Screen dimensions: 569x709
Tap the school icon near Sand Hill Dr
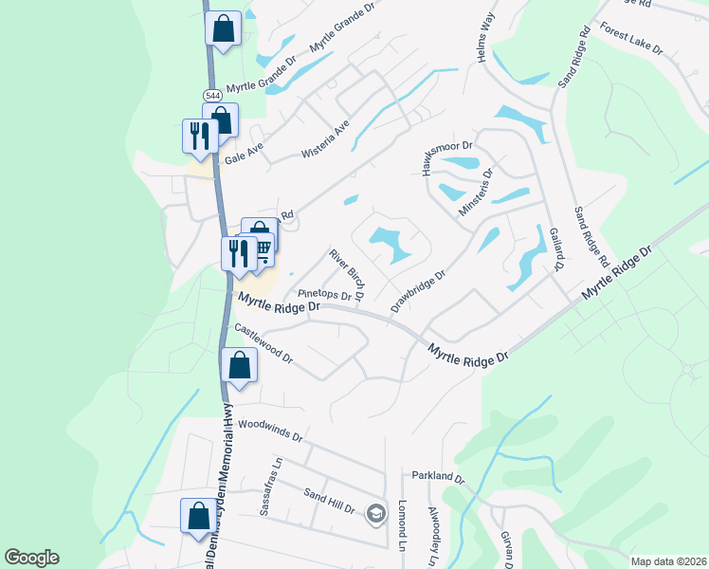pos(376,512)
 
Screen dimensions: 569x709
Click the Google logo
pos(31,558)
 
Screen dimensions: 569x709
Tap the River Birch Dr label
pos(347,273)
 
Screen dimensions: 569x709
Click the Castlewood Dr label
pos(264,345)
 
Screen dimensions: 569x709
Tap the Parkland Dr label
pos(438,476)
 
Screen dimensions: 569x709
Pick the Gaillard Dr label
pos(557,249)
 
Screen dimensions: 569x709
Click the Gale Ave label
pos(243,152)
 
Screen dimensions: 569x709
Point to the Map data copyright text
pos(667,561)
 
